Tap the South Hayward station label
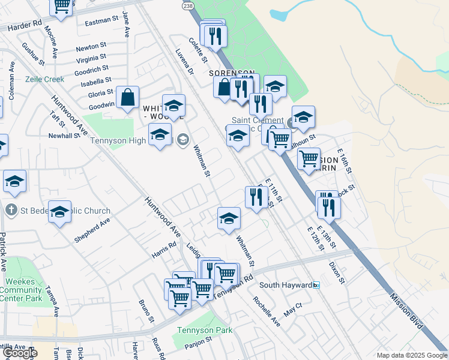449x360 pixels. tap(286, 285)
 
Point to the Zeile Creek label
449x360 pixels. tap(44, 79)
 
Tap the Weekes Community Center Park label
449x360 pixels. tap(20, 290)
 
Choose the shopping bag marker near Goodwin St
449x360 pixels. tap(128, 97)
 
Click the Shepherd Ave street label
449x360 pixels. tap(92, 230)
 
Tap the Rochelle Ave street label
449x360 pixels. tap(266, 311)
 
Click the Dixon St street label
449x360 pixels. tap(336, 272)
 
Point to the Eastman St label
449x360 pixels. tap(102, 20)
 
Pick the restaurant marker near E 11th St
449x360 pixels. tap(256, 197)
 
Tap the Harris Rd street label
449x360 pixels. tap(164, 249)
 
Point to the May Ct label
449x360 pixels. tap(293, 310)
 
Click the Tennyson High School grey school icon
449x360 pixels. tap(182, 140)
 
